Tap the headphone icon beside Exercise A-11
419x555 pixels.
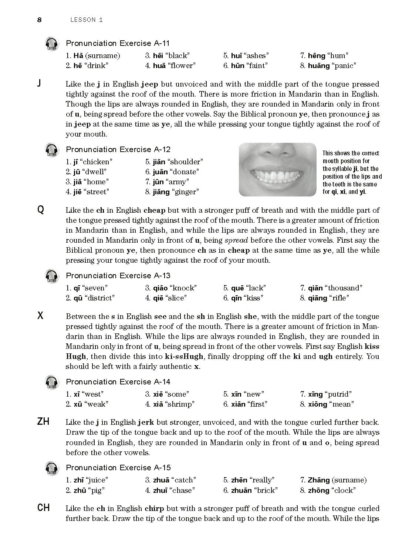click(x=52, y=44)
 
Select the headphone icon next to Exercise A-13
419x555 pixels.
click(x=52, y=276)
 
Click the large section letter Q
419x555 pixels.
click(x=41, y=210)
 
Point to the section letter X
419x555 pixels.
click(x=41, y=316)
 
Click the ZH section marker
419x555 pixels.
click(x=43, y=421)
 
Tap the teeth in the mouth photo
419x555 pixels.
click(x=277, y=178)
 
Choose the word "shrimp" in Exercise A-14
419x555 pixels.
click(x=181, y=404)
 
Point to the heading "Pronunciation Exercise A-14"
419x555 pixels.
click(x=118, y=381)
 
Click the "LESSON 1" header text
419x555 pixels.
click(x=86, y=20)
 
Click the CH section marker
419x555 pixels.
click(x=44, y=508)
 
